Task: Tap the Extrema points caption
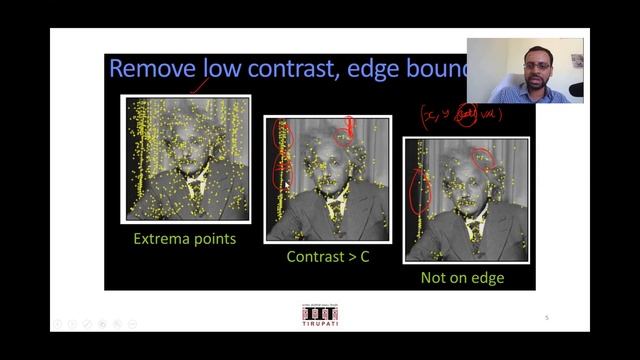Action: (x=185, y=239)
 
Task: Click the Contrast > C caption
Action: (x=328, y=257)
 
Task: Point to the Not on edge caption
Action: (x=462, y=278)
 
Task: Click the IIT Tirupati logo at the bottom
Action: (x=320, y=314)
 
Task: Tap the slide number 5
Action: (x=547, y=318)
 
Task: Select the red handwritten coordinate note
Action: (x=461, y=115)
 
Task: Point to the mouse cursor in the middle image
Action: (x=286, y=185)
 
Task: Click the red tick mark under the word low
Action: (x=199, y=87)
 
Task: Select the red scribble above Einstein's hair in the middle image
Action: (x=349, y=127)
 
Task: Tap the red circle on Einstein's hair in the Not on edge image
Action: (x=482, y=158)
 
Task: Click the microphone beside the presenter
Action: (x=576, y=89)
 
